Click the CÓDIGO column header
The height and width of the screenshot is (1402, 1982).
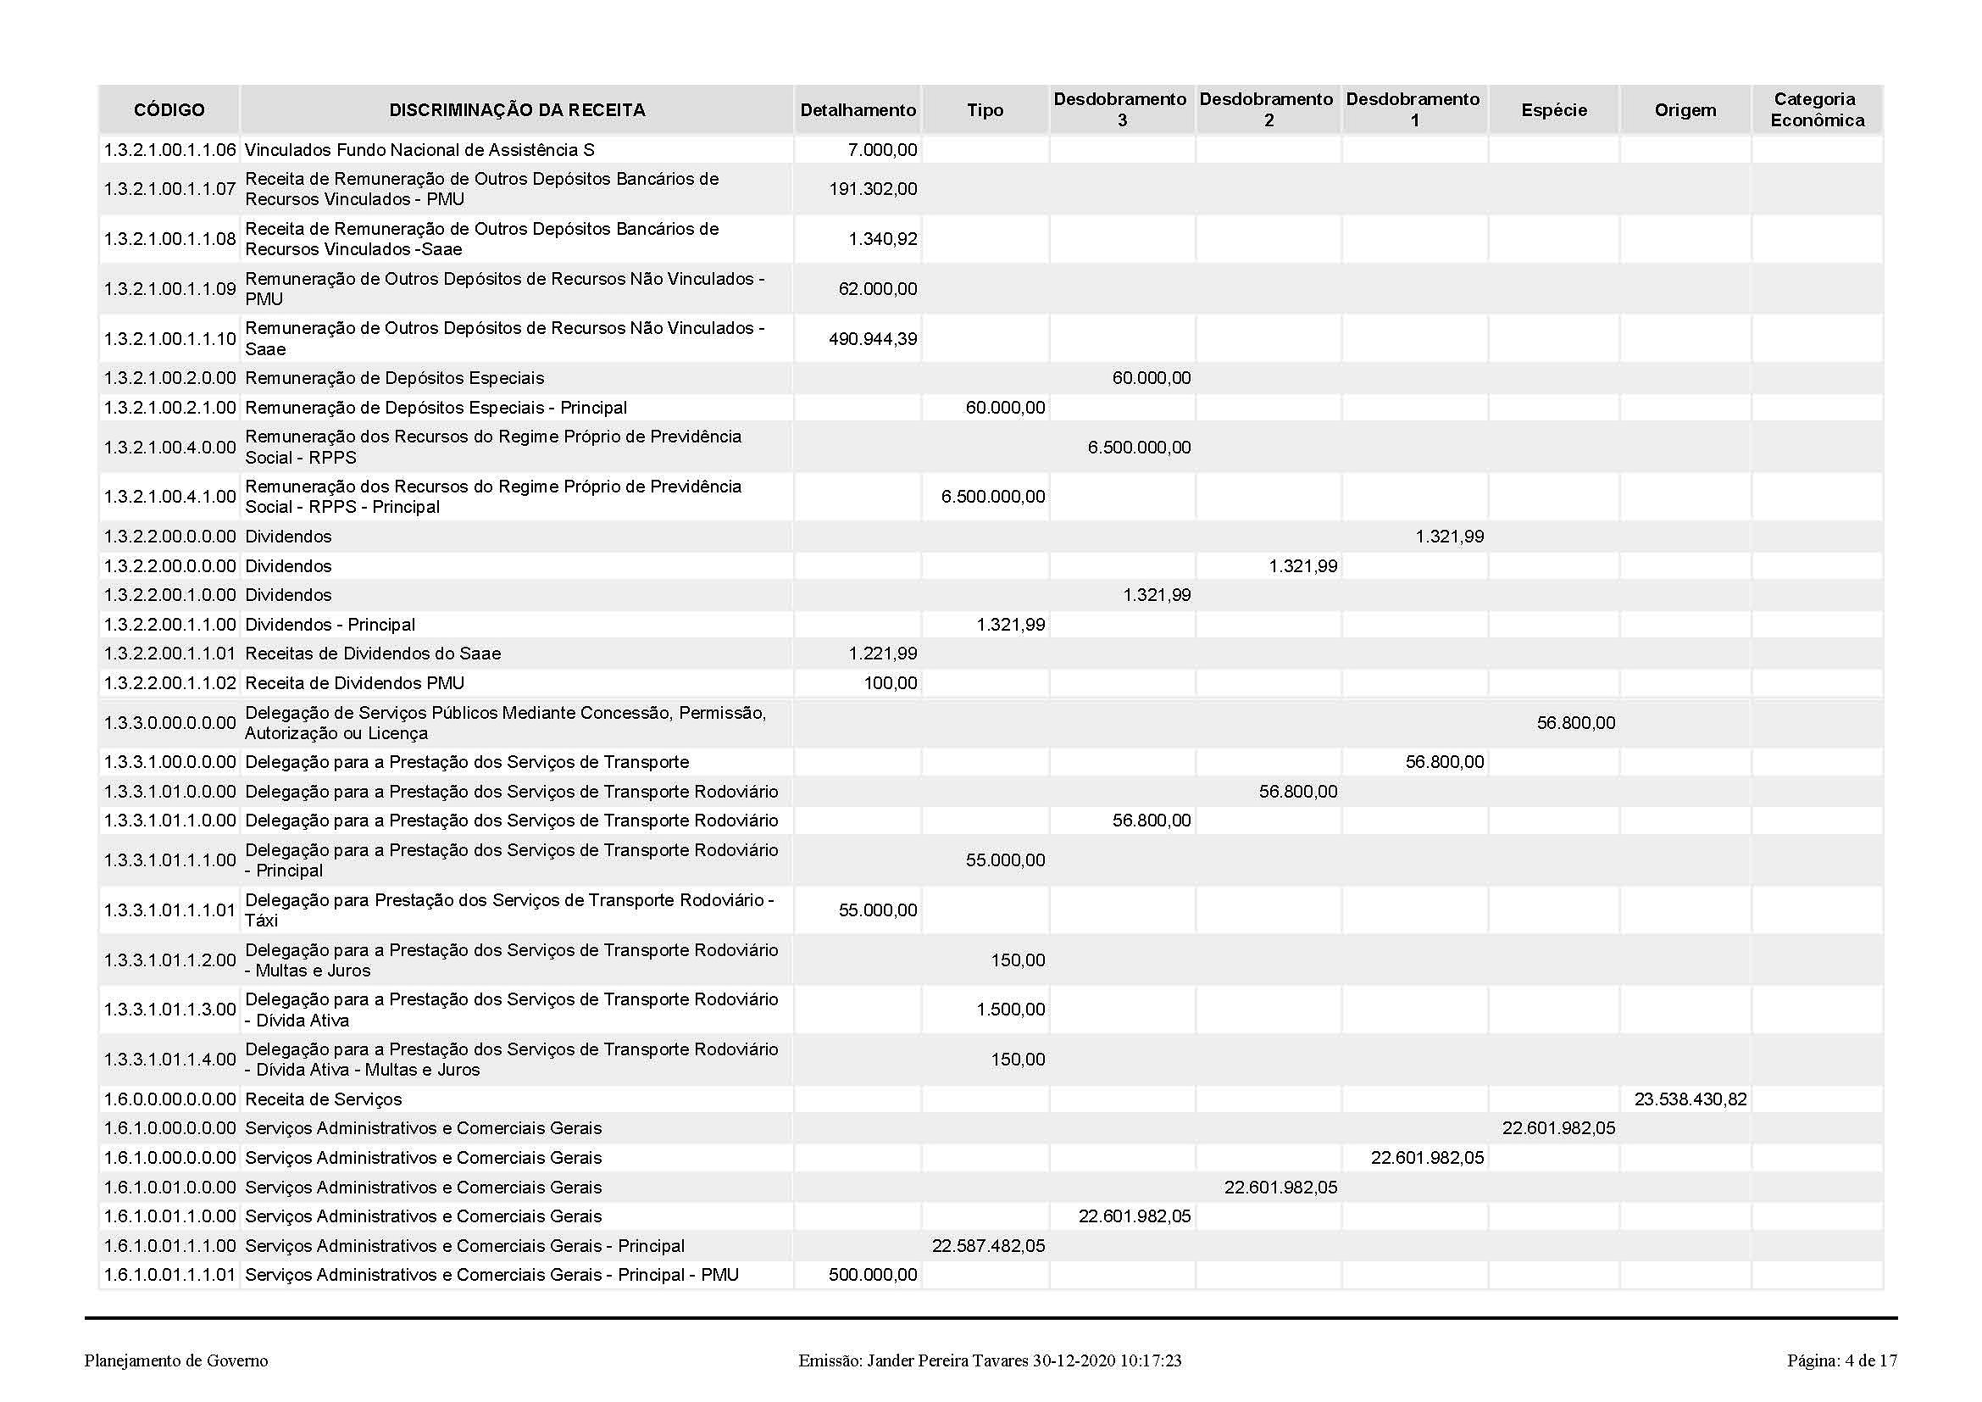click(169, 109)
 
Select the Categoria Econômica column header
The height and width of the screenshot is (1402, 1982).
click(1817, 109)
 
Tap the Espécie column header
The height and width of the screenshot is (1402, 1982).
click(1554, 109)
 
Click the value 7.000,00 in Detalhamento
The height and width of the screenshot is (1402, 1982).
click(882, 150)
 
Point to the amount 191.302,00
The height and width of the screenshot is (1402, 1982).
click(873, 189)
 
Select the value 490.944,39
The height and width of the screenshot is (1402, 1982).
click(873, 339)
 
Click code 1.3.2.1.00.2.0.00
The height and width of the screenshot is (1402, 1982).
click(170, 378)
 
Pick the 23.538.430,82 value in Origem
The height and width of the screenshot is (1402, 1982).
click(1691, 1099)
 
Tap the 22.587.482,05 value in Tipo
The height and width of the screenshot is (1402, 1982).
click(988, 1246)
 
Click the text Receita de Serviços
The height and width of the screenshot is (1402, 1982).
click(324, 1099)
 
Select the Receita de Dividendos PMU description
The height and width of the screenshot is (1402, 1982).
click(355, 683)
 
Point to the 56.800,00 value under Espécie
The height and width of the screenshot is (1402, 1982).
click(1575, 722)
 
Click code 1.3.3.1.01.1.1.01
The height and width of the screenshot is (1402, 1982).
click(170, 910)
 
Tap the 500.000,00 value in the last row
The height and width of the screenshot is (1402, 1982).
click(873, 1275)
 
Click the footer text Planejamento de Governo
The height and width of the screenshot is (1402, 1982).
click(176, 1361)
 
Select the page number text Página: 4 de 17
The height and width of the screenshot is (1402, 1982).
click(1841, 1361)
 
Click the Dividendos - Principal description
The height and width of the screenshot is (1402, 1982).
click(330, 624)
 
